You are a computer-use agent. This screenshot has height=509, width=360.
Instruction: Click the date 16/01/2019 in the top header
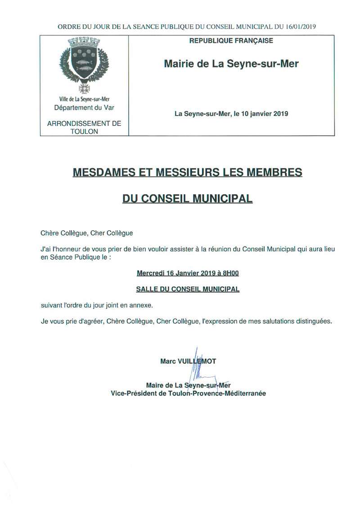click(x=301, y=26)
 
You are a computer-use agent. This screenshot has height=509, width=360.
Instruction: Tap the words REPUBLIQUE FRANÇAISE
click(x=231, y=41)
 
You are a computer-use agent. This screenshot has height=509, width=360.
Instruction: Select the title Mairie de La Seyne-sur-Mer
click(x=231, y=64)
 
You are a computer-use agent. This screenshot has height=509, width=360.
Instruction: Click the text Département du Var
click(x=84, y=108)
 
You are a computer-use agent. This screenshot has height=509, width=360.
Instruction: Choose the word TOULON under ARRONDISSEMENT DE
click(x=84, y=131)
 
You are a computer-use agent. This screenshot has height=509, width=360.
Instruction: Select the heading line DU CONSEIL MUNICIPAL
click(x=188, y=198)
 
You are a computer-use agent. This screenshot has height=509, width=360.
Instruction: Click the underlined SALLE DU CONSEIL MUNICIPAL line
click(x=188, y=289)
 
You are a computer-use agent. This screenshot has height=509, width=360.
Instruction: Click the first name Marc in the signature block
click(x=168, y=361)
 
